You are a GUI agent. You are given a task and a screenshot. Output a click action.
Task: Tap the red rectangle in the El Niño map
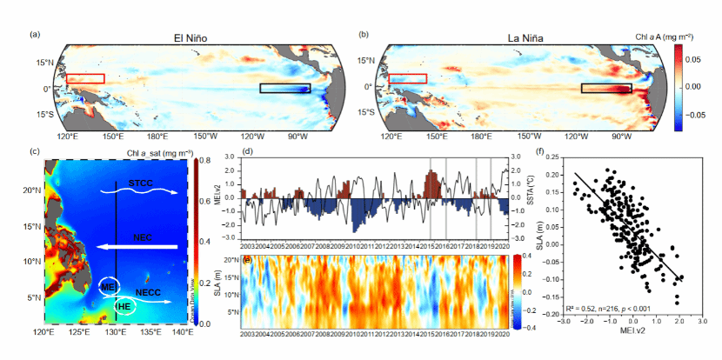[85, 79]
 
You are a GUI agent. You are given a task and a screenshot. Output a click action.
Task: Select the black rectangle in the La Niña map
[605, 88]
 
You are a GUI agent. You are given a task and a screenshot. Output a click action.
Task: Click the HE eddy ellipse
[126, 306]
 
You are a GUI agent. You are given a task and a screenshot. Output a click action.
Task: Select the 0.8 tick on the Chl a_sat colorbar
[207, 162]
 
